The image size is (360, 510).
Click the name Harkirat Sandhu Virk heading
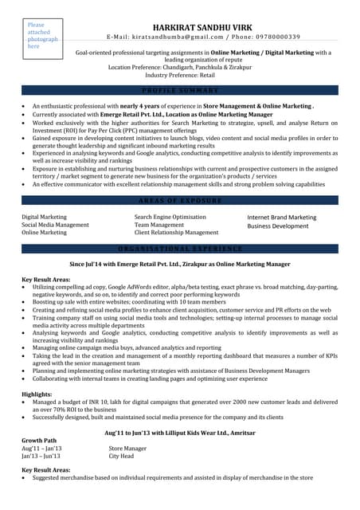pos(203,25)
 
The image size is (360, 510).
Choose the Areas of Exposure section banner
pos(179,201)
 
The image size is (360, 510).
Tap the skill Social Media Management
pos(55,225)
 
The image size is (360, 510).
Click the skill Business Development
pos(277,226)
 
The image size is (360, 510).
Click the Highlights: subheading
pos(37,394)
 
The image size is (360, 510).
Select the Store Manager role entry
pos(127,449)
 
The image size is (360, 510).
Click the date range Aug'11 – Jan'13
pos(41,449)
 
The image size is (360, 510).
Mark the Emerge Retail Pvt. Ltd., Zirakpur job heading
pos(179,262)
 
